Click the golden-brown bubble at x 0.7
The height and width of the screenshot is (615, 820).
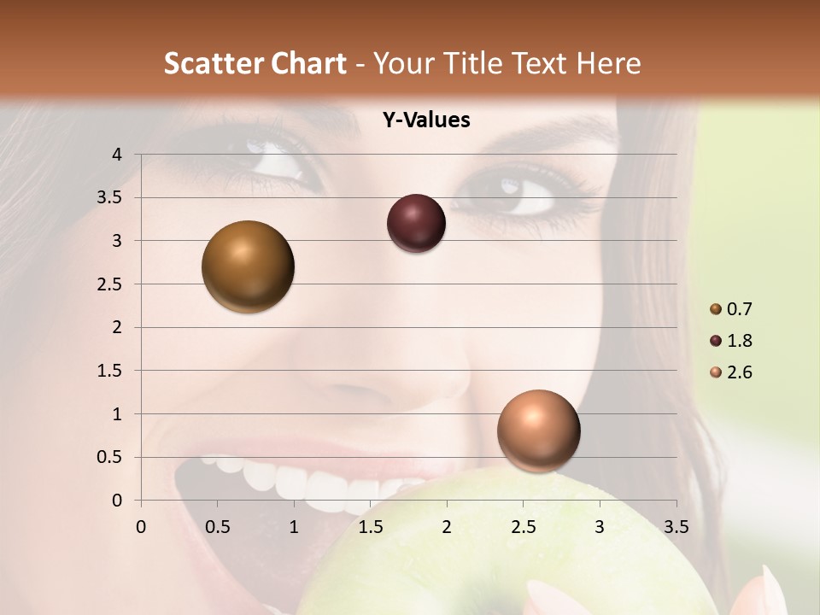pos(249,266)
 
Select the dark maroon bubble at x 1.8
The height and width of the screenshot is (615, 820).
pos(416,224)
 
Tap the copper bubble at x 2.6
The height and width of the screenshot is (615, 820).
pos(538,430)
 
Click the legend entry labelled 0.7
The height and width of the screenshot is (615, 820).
pos(730,309)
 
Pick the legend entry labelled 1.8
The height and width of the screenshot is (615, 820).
pos(730,341)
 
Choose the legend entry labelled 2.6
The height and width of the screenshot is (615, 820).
pos(730,372)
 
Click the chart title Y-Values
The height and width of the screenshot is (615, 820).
pos(425,120)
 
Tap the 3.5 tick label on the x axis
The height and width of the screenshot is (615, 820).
pos(676,527)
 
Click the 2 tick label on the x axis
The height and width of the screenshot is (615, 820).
pos(447,527)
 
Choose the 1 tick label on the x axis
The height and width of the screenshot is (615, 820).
pos(294,527)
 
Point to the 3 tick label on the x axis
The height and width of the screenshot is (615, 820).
pos(600,527)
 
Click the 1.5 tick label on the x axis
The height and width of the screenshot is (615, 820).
pos(370,527)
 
